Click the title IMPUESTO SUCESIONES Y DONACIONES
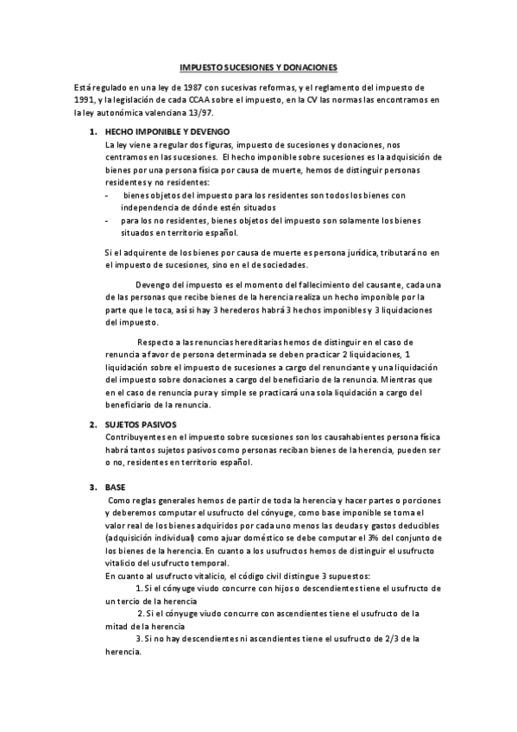coord(258,66)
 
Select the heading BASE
coord(115,487)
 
